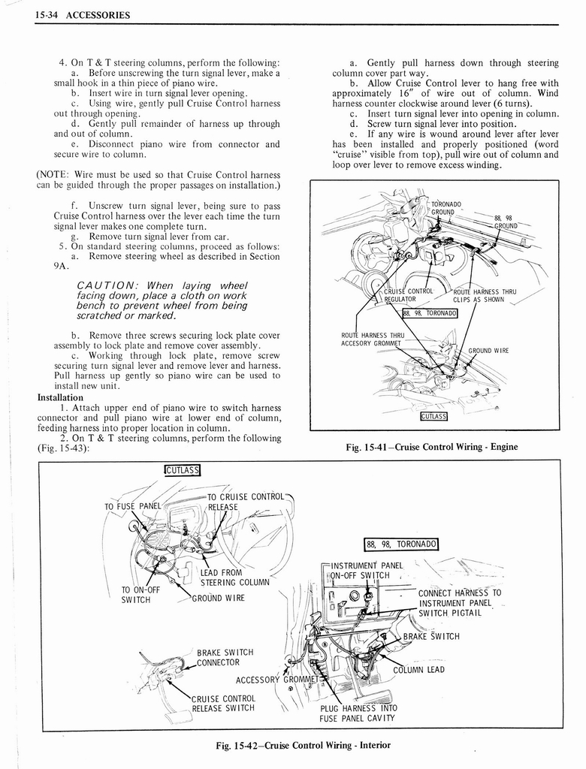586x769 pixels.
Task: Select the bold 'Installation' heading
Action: [x=60, y=397]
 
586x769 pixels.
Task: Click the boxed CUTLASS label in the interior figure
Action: [x=182, y=471]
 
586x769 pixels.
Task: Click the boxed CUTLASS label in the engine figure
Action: [x=433, y=416]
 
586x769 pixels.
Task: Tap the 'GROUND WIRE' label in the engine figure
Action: [x=488, y=350]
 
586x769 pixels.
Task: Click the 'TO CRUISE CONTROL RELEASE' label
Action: [x=244, y=501]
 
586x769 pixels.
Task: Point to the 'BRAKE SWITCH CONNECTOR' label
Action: [x=224, y=657]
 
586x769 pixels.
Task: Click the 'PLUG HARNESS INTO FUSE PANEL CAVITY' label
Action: [x=358, y=713]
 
